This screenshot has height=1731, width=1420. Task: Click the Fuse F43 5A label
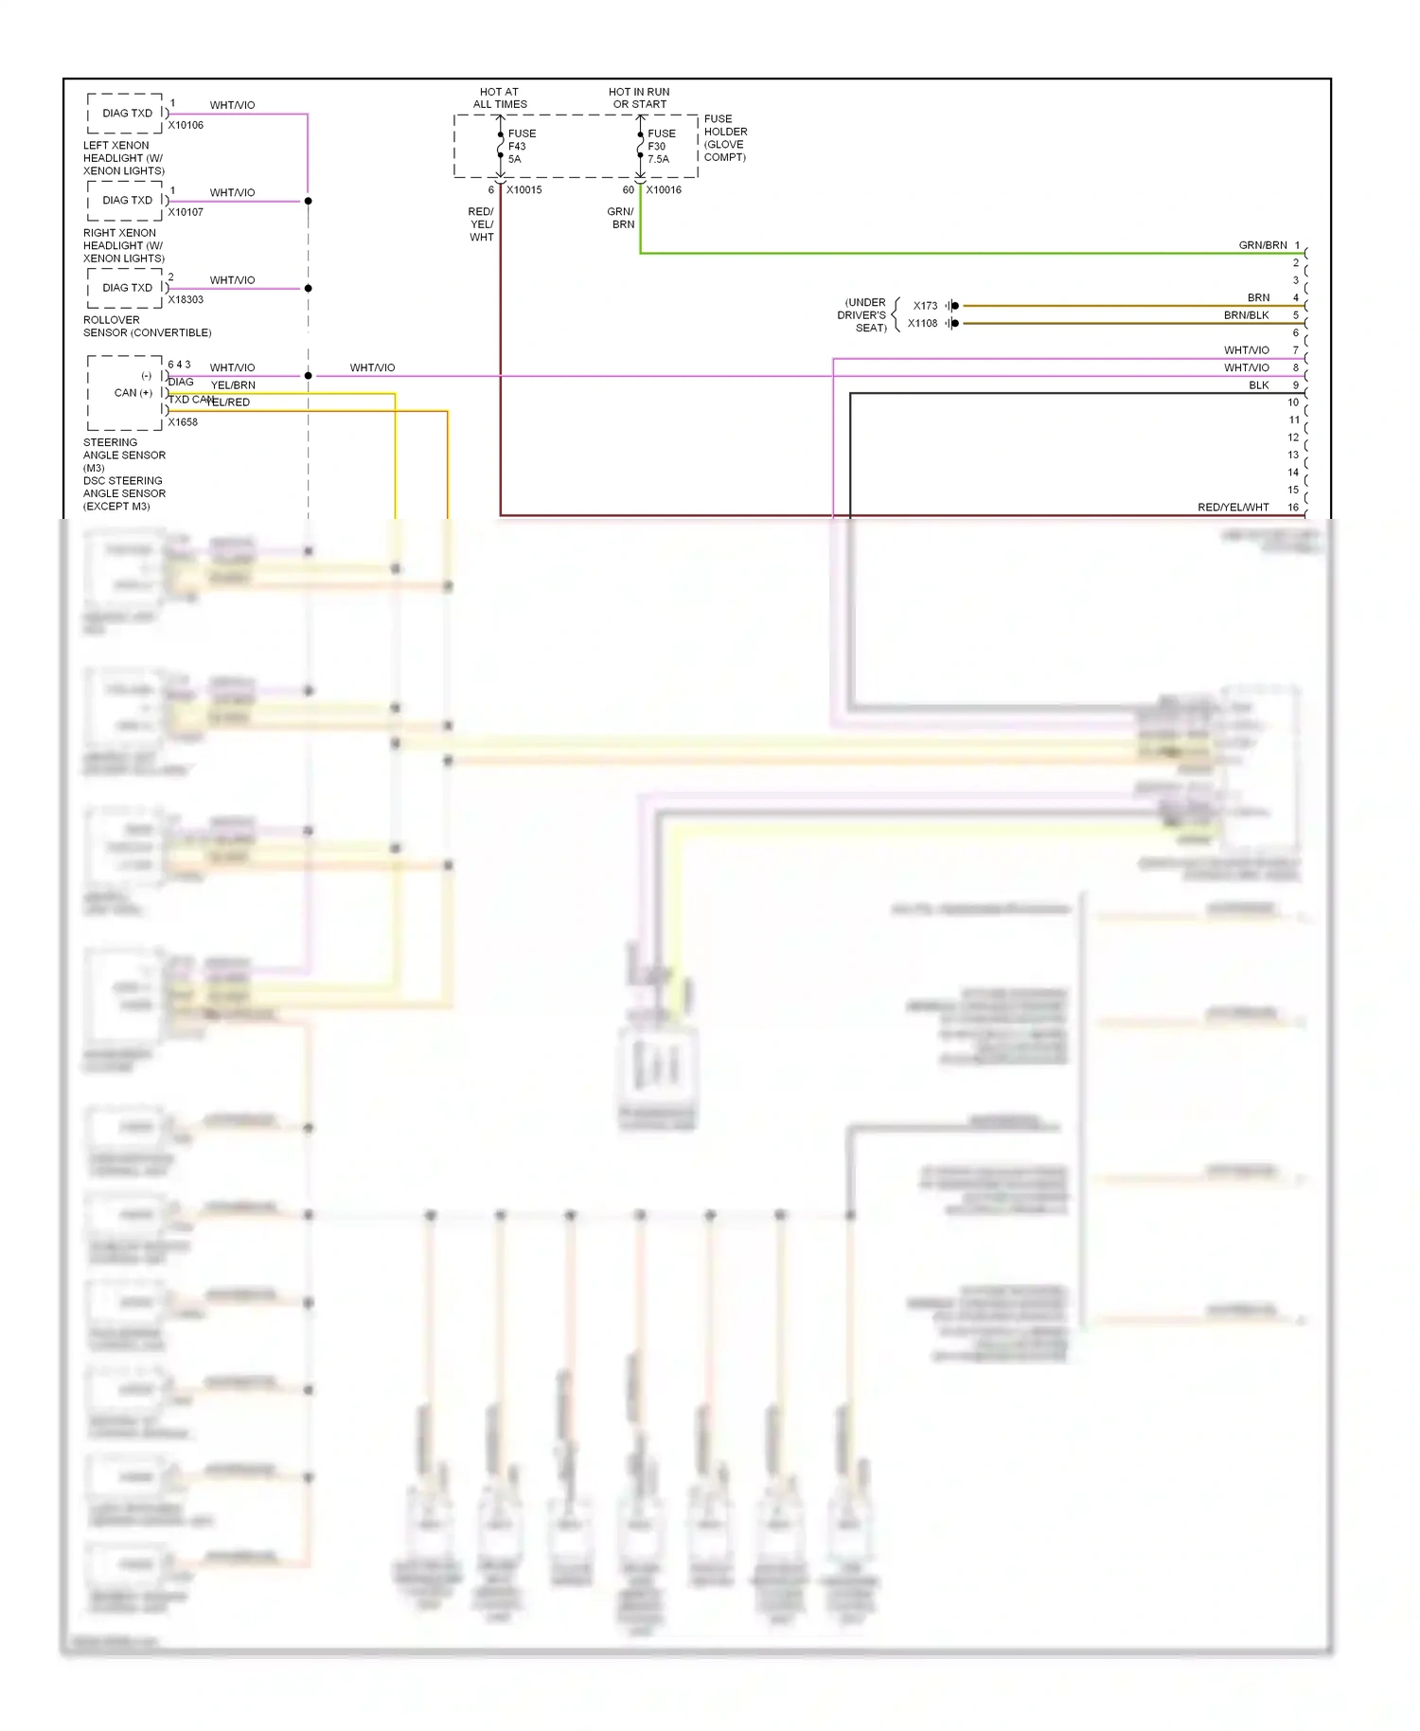521,146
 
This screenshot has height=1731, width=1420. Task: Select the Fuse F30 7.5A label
661,146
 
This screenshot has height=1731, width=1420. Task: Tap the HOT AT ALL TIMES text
500,98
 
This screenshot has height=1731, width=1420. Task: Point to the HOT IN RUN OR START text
639,98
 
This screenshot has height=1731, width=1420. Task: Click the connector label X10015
524,190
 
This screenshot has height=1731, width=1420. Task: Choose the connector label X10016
664,190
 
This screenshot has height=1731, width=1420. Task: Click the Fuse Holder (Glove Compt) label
725,138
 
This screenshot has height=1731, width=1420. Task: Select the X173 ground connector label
925,306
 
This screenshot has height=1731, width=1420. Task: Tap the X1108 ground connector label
922,324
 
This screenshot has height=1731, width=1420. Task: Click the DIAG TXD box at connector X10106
127,114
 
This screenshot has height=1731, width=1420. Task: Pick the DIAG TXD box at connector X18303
127,288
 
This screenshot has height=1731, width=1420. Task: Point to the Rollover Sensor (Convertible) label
147,327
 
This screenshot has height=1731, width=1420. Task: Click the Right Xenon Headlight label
123,245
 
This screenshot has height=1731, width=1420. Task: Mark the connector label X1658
183,422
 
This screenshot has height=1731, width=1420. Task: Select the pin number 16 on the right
1293,508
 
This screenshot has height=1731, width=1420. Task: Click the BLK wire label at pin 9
1258,385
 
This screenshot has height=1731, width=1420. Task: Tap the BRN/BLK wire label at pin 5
1246,315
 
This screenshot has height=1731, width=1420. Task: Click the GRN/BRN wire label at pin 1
1262,245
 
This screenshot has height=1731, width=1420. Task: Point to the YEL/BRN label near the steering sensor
233,385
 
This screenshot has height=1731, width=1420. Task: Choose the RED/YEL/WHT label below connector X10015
481,224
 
